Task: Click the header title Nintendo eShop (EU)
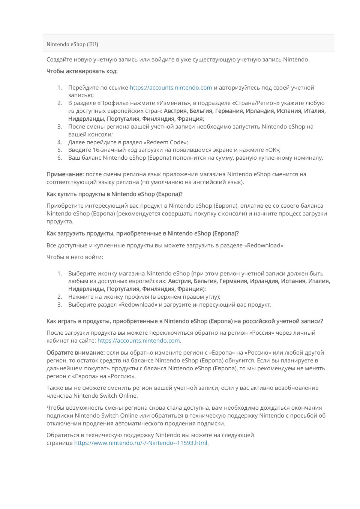pos(72,44)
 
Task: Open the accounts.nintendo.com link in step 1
pos(171,88)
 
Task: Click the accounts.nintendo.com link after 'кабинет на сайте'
pos(138,341)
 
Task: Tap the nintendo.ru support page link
pos(141,443)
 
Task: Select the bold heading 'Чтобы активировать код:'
pos(82,71)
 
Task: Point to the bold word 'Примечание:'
pos(65,174)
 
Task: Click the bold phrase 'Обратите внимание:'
pos(75,353)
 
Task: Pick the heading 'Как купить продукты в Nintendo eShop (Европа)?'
pos(114,194)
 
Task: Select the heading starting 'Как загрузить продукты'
pos(142,234)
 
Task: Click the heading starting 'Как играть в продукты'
pos(184,321)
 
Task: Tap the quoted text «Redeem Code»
pos(166,142)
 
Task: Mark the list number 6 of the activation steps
pos(60,158)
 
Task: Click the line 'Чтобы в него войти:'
pos(75,257)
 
